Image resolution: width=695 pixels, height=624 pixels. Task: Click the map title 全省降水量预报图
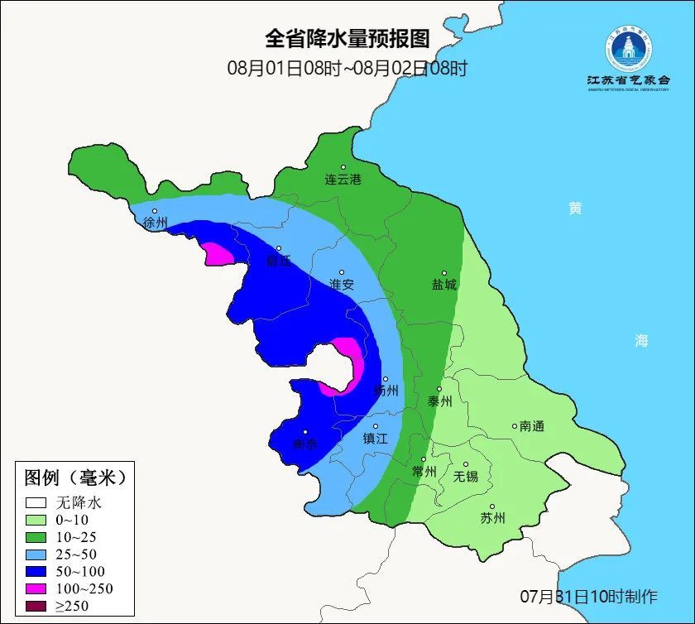347,39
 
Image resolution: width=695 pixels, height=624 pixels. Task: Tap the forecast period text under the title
347,68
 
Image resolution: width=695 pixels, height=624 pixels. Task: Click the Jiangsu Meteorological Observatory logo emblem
627,49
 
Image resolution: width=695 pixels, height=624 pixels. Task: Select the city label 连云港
343,179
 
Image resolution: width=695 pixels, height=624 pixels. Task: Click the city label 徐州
155,223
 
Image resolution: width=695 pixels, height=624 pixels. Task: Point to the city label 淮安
342,284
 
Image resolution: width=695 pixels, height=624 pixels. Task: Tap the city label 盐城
443,284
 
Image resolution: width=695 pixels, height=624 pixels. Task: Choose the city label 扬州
386,390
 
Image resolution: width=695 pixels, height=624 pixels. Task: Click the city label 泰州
439,401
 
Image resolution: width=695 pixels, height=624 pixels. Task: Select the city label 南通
531,426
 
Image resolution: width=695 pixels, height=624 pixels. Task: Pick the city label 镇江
376,439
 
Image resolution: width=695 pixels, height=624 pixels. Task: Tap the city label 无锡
465,476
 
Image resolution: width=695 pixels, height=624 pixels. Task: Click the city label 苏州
492,518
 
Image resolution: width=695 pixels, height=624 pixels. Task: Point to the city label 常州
424,472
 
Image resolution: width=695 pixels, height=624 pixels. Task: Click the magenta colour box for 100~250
35,588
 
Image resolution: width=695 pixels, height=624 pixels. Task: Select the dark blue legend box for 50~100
35,571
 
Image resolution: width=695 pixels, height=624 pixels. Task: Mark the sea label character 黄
575,209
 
